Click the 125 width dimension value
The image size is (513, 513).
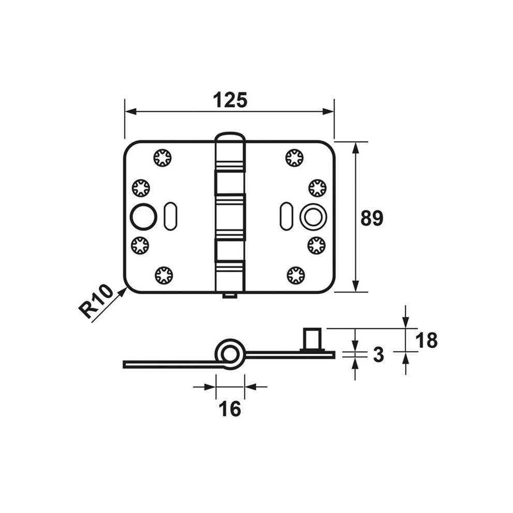coord(230,100)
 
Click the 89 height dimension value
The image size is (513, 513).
coord(372,218)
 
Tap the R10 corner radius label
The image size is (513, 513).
coord(96,301)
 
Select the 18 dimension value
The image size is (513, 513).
coord(427,340)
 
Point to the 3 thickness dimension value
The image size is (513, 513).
coord(378,355)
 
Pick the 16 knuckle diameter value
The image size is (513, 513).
coord(230,408)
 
